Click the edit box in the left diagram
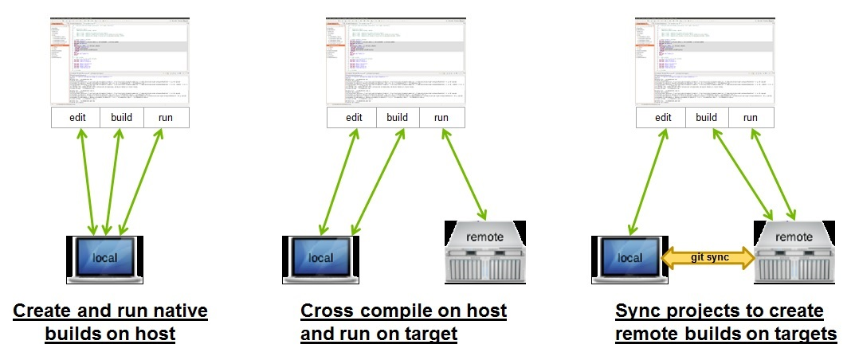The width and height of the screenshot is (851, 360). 77,118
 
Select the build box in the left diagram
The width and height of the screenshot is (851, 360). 122,118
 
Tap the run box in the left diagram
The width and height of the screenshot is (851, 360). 167,118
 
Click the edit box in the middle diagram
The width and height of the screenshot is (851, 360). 353,118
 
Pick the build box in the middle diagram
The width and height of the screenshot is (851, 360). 398,118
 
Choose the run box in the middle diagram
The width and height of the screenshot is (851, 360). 441,118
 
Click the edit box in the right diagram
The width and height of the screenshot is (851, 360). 662,118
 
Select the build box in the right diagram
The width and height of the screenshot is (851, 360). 706,118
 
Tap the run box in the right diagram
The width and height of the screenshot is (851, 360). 751,118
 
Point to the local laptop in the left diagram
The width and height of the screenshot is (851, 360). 105,258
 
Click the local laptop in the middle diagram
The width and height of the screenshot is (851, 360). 321,258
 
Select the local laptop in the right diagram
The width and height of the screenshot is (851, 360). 629,258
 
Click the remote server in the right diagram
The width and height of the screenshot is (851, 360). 794,250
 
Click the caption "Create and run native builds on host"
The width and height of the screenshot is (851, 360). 111,322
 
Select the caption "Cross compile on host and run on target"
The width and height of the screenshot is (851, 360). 403,322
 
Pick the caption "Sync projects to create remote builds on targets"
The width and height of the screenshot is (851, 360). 725,322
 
